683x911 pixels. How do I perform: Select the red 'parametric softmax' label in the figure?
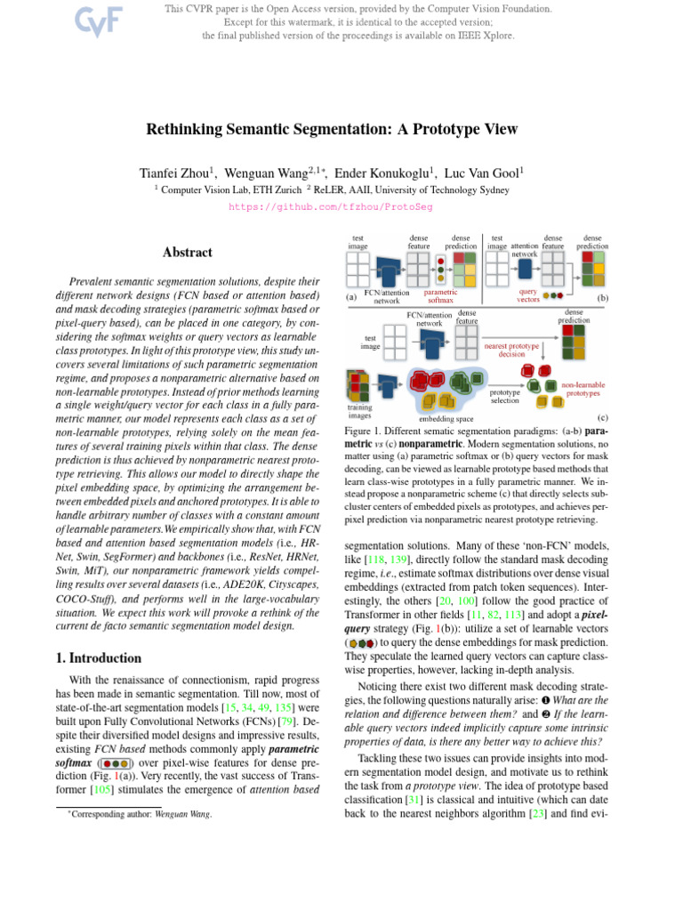pyautogui.click(x=440, y=296)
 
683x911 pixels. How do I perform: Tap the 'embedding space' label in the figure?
pyautogui.click(x=446, y=417)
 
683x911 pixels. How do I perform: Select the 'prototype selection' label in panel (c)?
pyautogui.click(x=505, y=396)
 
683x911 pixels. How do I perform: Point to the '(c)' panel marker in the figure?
pyautogui.click(x=602, y=416)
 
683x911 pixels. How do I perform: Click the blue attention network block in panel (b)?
pyautogui.click(x=526, y=268)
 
